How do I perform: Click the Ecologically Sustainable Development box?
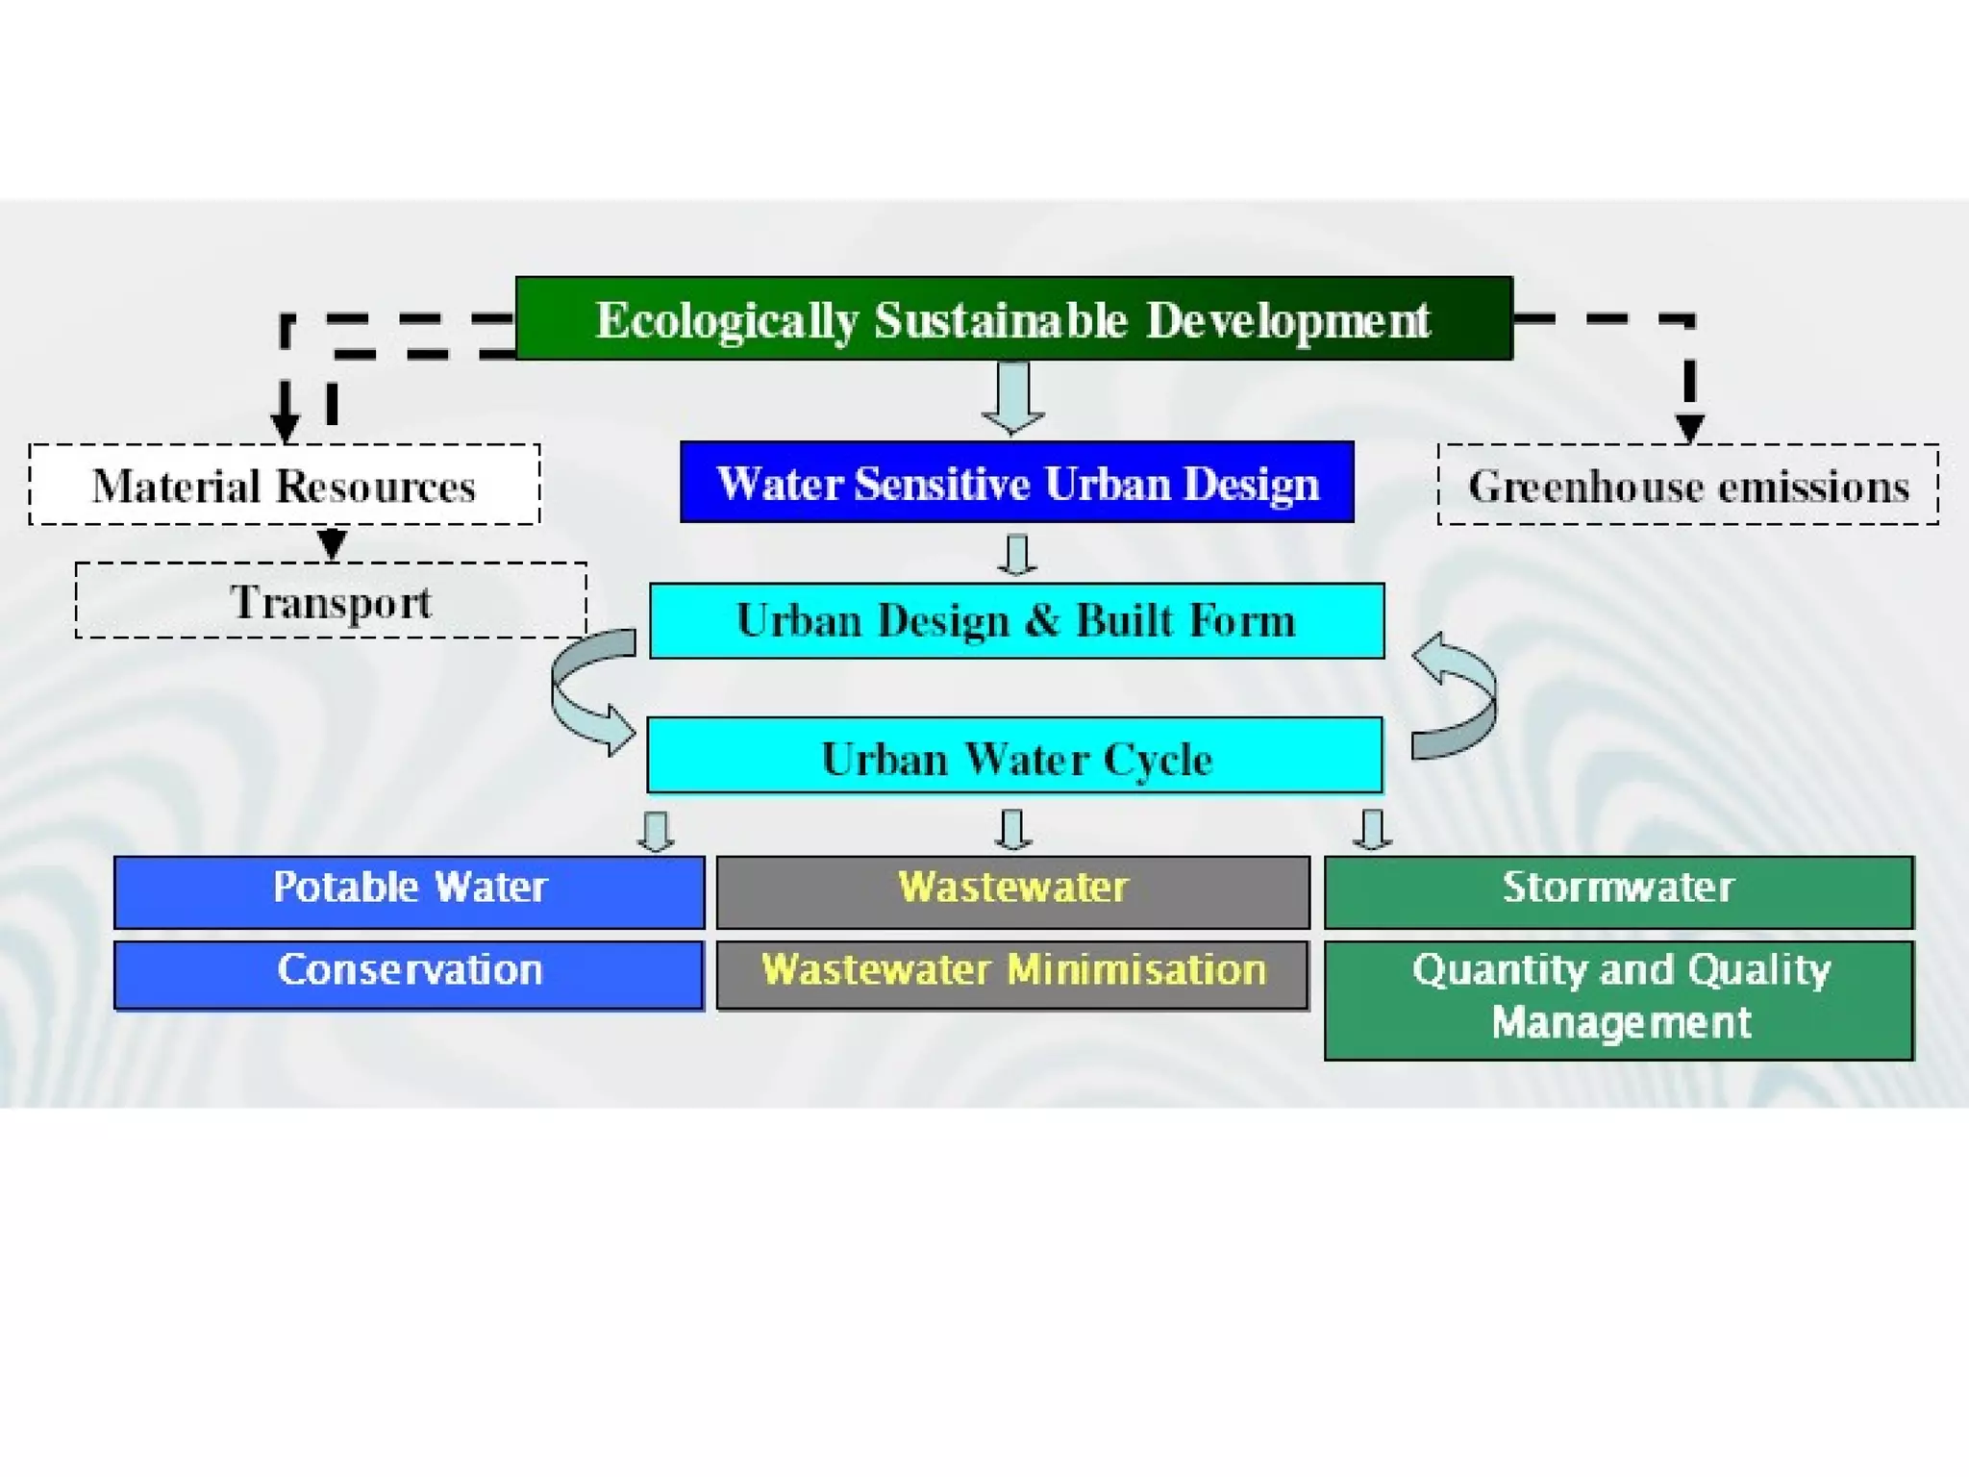(x=1013, y=318)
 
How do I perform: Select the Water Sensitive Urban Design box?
(x=1016, y=483)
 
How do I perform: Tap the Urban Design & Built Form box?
(x=1016, y=620)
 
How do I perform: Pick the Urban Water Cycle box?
(x=1014, y=756)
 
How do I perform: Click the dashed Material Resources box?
(x=285, y=485)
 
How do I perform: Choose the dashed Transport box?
(x=331, y=601)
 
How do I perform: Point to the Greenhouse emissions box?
(x=1687, y=485)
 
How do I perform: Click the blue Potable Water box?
(x=410, y=891)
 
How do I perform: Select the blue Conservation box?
(x=409, y=974)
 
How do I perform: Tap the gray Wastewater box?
(x=1012, y=891)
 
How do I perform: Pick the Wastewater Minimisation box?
(x=1012, y=974)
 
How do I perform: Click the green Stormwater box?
(x=1618, y=891)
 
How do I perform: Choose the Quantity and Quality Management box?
(x=1618, y=1000)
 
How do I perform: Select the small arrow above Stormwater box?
(x=1372, y=830)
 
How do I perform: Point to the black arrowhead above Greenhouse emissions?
(x=1689, y=427)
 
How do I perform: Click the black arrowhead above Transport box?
(x=332, y=544)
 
